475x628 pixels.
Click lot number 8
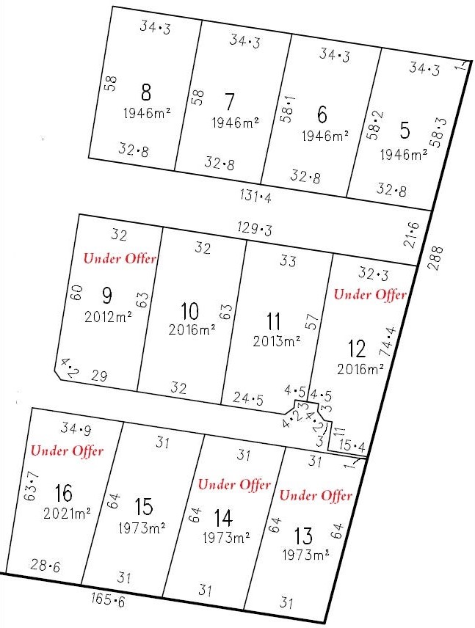146,93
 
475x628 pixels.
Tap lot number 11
274,321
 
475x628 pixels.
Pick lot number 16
63,492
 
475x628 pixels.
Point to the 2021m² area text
67,514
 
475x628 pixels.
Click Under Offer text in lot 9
120,259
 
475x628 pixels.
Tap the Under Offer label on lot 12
370,294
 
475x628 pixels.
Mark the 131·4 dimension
255,196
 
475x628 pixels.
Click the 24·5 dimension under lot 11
248,398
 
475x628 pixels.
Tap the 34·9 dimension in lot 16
72,429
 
